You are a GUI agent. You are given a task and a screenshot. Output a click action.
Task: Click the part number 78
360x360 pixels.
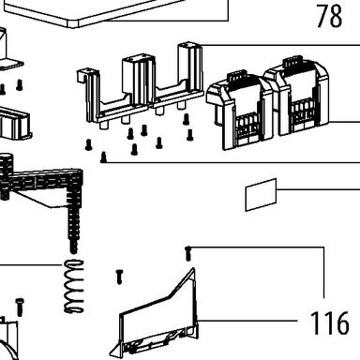point(329,16)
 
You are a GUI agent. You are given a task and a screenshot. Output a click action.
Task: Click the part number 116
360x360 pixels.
point(330,323)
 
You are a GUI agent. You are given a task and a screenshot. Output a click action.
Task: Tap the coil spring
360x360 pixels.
point(74,286)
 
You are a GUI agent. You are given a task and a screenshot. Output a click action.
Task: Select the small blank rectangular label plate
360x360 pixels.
point(261,195)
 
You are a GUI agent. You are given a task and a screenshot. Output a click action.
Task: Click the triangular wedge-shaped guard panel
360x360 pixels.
point(157,316)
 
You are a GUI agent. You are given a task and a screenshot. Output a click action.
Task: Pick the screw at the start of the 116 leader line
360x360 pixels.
point(187,253)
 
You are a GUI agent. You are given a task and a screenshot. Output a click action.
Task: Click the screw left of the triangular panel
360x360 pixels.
point(119,277)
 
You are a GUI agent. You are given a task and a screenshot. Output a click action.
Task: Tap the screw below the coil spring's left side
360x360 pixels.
point(20,307)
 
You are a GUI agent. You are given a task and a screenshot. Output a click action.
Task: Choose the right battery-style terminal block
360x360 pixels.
point(296,96)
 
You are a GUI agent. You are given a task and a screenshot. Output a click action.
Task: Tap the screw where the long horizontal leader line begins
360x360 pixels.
point(103,157)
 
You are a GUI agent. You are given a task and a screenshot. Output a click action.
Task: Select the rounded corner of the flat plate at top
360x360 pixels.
point(74,24)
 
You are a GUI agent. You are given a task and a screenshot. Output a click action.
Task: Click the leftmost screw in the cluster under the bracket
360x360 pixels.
point(89,144)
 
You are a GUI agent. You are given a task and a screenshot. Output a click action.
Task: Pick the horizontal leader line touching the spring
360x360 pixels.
point(31,265)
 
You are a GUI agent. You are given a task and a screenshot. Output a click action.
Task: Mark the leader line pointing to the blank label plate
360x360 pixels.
point(319,189)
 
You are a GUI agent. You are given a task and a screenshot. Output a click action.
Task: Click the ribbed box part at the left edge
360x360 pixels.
point(15,124)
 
